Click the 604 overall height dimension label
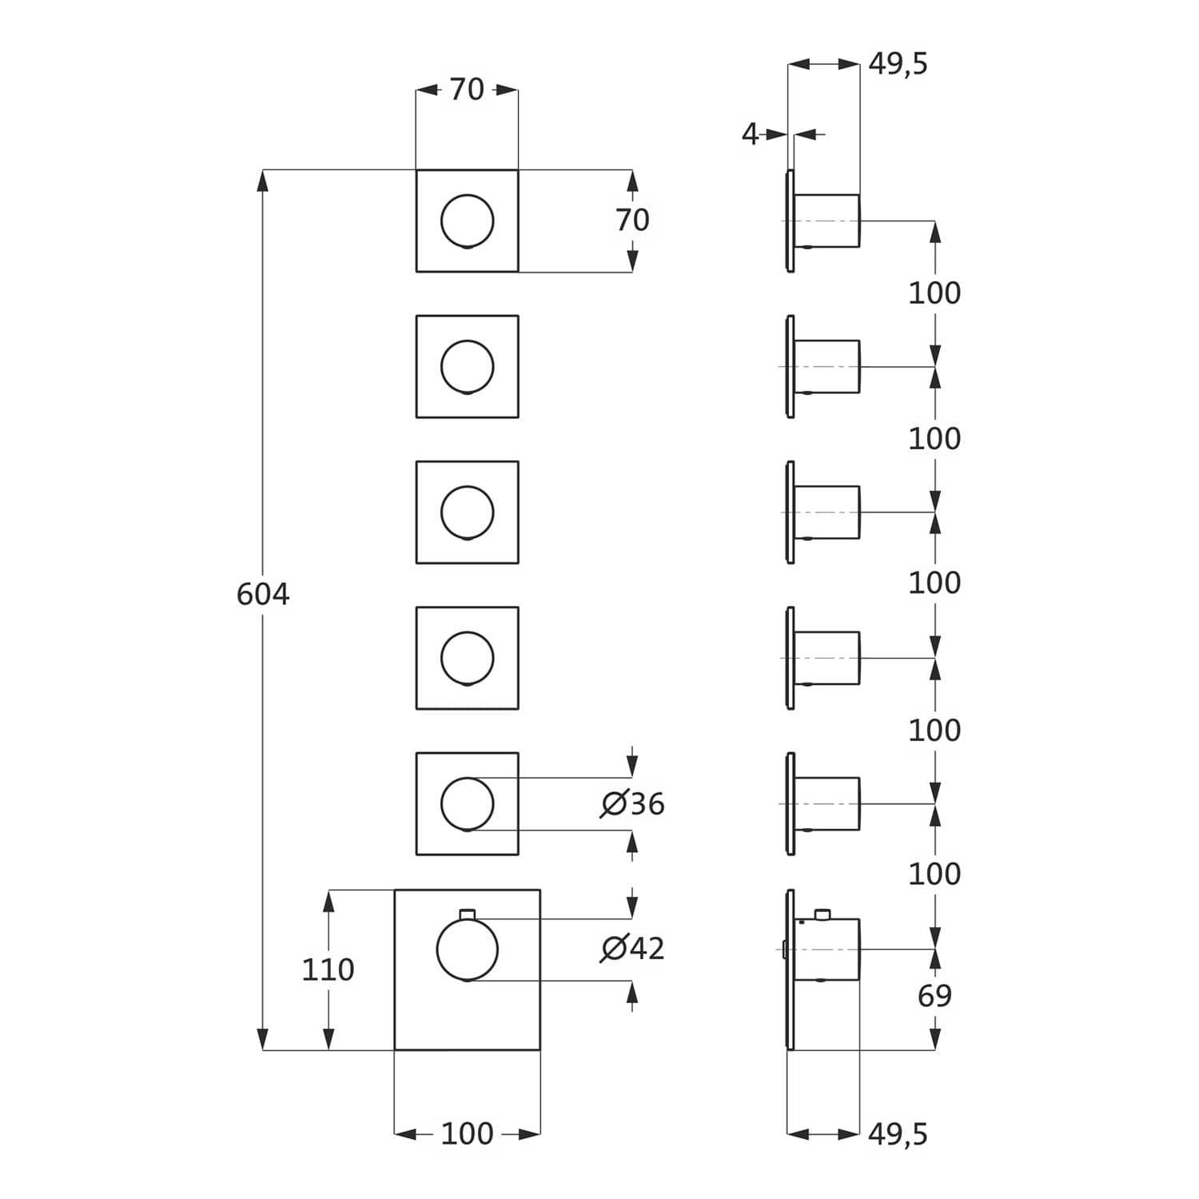pos(263,595)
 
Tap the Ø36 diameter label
pos(633,803)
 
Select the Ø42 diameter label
pos(633,948)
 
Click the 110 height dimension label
pos(328,970)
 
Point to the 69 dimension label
pos(934,996)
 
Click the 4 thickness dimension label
pos(750,134)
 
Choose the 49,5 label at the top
pos(898,64)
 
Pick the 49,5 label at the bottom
pos(898,1133)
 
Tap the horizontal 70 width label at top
pos(467,90)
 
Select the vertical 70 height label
pos(632,220)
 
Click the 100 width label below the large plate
pos(467,1133)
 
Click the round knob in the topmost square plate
pos(467,221)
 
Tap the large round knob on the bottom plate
pos(467,950)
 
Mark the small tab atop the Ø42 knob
pos(468,914)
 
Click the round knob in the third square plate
pos(467,512)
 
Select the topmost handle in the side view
pos(827,221)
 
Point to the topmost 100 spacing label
pos(934,293)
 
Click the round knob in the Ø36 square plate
pos(467,803)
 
